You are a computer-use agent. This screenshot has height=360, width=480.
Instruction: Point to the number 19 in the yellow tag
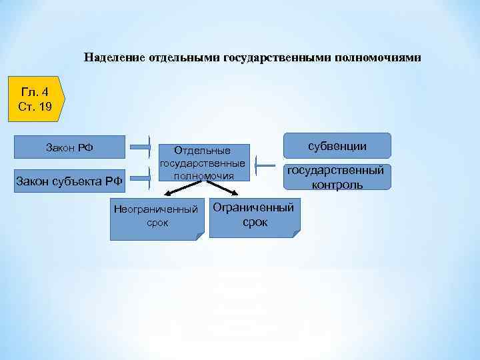point(45,106)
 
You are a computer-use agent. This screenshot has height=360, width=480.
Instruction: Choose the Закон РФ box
point(69,147)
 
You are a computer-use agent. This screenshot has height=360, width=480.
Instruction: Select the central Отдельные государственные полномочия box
point(202,163)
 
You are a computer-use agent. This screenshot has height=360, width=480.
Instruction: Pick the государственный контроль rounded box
point(337,177)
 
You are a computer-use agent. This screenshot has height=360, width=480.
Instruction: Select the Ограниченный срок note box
point(253,215)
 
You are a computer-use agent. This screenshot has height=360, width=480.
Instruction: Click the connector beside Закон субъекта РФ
point(141,177)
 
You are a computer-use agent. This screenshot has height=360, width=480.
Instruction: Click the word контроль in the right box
point(337,185)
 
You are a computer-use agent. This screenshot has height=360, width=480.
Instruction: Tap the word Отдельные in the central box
point(202,151)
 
